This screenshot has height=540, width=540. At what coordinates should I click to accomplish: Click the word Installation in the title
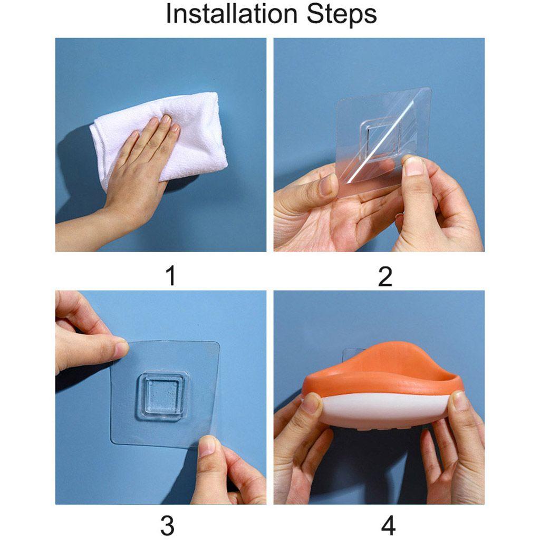232,14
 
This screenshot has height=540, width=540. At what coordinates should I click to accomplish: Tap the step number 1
170,276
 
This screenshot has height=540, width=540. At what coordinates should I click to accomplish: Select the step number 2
385,276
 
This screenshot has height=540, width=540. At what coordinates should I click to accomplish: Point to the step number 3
167,526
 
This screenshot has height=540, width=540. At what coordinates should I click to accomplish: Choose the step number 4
389,526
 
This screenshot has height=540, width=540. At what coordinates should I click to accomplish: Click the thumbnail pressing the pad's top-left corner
121,349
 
